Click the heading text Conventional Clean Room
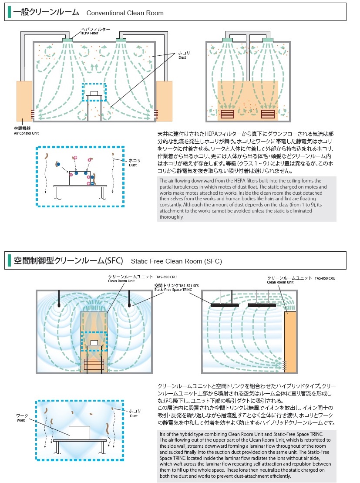pyautogui.click(x=124, y=13)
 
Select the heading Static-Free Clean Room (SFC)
pyautogui.click(x=176, y=261)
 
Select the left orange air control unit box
pyautogui.click(x=24, y=101)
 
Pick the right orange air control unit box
pyautogui.click(x=165, y=101)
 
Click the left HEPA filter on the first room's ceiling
pyautogui.click(x=67, y=41)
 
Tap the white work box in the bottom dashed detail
pyautogui.click(x=79, y=432)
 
